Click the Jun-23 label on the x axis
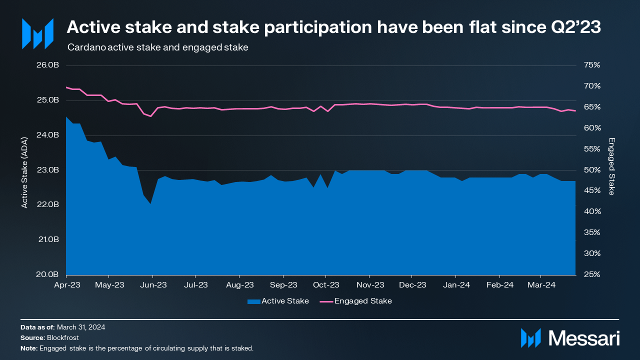153,285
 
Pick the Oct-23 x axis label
326,285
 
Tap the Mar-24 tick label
541,285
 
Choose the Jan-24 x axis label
456,285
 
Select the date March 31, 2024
81,327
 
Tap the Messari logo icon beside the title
37,34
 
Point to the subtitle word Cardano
83,48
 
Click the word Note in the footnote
28,348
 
